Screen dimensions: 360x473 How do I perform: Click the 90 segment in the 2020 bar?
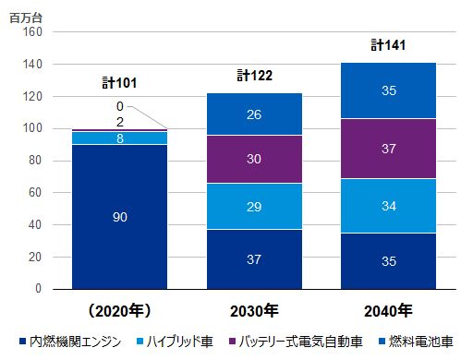tap(120, 217)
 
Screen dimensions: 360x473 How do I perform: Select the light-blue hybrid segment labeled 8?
tap(120, 138)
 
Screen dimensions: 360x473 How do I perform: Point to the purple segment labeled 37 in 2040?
tap(388, 149)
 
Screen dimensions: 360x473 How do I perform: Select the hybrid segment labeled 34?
tap(388, 206)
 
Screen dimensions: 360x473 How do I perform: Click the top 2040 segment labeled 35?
tap(388, 90)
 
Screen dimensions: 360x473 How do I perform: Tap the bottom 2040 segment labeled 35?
tap(388, 260)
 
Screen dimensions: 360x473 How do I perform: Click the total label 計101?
tap(119, 83)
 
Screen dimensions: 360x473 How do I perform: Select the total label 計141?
tap(389, 44)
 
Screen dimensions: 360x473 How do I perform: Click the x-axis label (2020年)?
tap(120, 307)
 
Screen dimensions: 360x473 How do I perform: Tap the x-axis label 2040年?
tap(388, 307)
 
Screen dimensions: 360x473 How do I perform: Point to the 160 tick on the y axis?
tap(32, 32)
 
